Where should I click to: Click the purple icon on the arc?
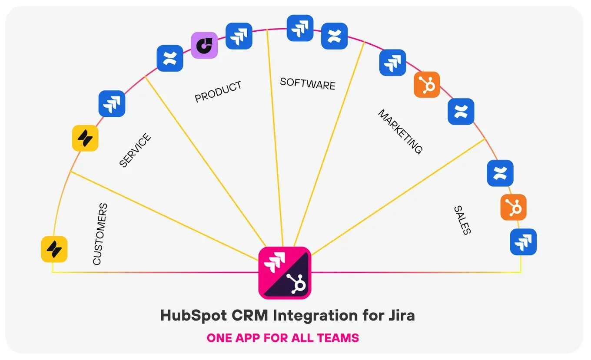click(204, 45)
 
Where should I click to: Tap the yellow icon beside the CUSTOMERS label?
click(54, 249)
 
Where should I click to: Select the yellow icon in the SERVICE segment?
click(85, 138)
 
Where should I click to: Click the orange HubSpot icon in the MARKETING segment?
click(427, 84)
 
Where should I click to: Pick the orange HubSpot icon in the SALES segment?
click(513, 207)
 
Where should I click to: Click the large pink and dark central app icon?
click(285, 273)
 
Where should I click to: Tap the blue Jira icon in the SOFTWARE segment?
click(300, 28)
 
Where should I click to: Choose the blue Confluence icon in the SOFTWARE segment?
click(334, 36)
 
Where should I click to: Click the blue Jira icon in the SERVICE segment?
click(112, 104)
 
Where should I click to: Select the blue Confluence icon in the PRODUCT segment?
click(170, 58)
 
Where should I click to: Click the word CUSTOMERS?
click(100, 234)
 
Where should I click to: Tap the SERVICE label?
click(135, 151)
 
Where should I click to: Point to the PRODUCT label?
click(218, 92)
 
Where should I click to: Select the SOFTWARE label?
click(308, 83)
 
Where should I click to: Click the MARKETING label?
click(400, 132)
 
